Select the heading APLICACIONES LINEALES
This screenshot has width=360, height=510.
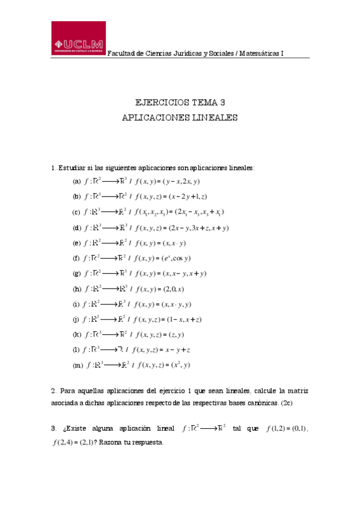click(180, 118)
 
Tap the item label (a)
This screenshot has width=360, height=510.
click(76, 181)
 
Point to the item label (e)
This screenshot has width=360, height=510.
click(76, 243)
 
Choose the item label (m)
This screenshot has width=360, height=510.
click(78, 364)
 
